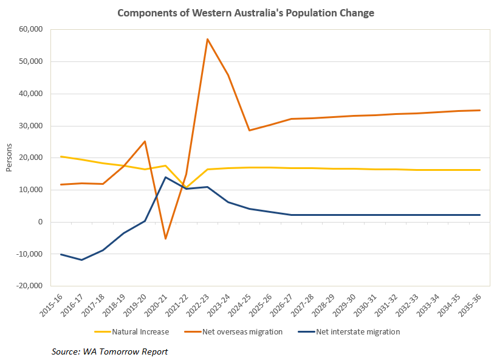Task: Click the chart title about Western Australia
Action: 246,13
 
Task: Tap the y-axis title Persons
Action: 9,157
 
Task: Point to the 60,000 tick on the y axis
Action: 29,29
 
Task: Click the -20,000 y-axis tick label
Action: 27,286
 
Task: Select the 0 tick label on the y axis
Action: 39,222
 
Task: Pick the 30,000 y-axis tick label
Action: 29,126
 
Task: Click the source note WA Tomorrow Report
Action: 109,351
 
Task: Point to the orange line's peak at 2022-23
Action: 207,39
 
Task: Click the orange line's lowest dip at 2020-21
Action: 165,238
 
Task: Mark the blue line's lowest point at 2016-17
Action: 81,260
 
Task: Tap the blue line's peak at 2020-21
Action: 165,177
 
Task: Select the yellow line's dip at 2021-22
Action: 187,188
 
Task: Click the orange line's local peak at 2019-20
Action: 145,141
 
